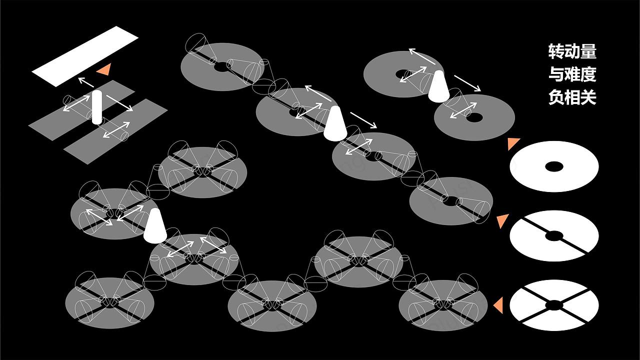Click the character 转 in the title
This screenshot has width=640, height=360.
point(556,51)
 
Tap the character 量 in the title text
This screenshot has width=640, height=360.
point(588,51)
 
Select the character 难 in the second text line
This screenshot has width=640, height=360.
point(572,74)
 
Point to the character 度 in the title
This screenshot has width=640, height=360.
point(588,74)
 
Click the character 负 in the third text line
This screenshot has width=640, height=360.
point(556,97)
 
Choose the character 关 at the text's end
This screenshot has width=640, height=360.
point(588,97)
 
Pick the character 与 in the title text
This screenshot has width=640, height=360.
point(556,74)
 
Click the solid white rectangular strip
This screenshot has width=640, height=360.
point(85,56)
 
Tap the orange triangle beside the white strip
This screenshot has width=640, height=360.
point(104,69)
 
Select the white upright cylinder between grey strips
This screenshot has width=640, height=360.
point(97,107)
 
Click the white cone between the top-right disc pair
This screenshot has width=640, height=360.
point(438,86)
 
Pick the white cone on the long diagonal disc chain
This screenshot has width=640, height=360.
point(335,123)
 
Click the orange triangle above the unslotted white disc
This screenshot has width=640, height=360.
point(513,143)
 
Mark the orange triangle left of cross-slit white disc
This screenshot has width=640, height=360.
point(498,305)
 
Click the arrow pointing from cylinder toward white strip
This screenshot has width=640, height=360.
point(86,82)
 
